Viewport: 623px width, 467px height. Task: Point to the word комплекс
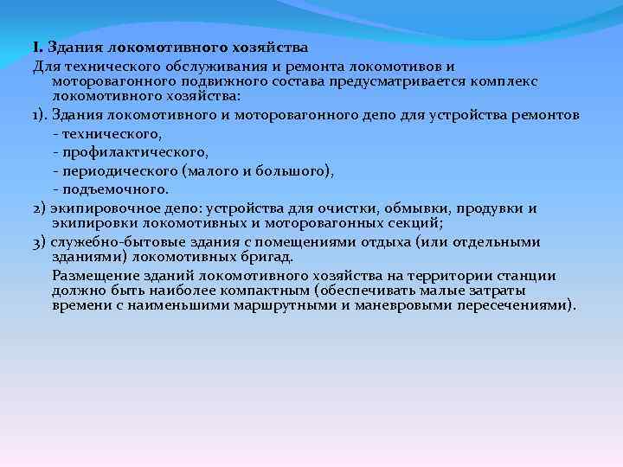(508, 80)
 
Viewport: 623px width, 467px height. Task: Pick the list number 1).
(41, 115)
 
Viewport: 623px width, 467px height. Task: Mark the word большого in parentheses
(290, 170)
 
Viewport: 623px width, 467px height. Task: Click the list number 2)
(41, 208)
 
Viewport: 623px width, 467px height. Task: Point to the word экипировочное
(100, 208)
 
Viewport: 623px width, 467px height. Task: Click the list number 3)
(41, 241)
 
